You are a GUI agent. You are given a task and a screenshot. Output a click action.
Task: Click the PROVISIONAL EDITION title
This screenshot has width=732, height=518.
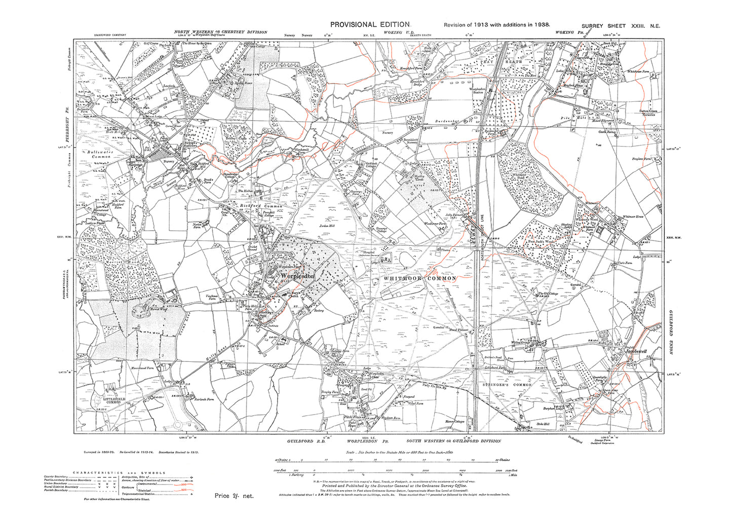click(369, 24)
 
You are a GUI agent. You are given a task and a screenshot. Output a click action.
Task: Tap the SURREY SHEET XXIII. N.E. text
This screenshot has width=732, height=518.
click(621, 25)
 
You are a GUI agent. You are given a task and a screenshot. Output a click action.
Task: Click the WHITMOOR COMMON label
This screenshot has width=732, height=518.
click(420, 278)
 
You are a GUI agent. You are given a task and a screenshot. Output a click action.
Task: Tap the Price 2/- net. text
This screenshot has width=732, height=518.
click(234, 496)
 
